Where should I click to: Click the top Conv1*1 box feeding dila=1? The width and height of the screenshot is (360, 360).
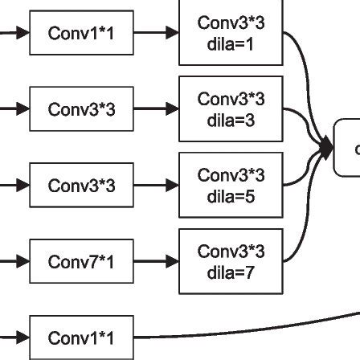pyautogui.click(x=80, y=34)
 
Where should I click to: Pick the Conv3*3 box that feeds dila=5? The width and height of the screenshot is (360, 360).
pyautogui.click(x=80, y=186)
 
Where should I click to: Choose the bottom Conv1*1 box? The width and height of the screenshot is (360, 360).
pyautogui.click(x=80, y=338)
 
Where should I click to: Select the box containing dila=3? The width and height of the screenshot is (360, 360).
pyautogui.click(x=230, y=108)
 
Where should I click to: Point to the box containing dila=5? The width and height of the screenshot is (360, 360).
pyautogui.click(x=230, y=186)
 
